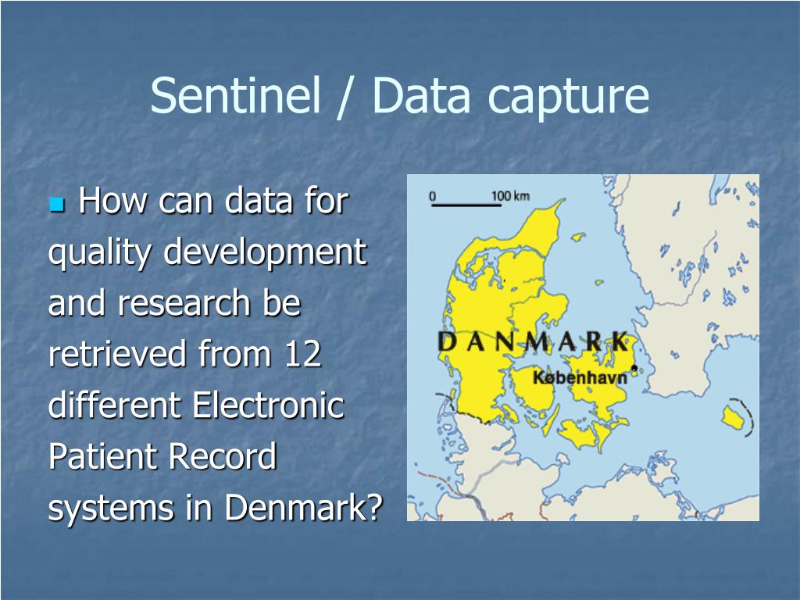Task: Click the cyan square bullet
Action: coord(56,205)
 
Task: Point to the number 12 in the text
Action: coord(302,355)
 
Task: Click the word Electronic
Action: coord(268,406)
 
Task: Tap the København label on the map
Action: coord(580,378)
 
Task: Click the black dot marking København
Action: coord(634,368)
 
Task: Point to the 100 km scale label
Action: coord(510,195)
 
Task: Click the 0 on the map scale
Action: coord(433,195)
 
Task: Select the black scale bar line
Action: coord(466,205)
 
